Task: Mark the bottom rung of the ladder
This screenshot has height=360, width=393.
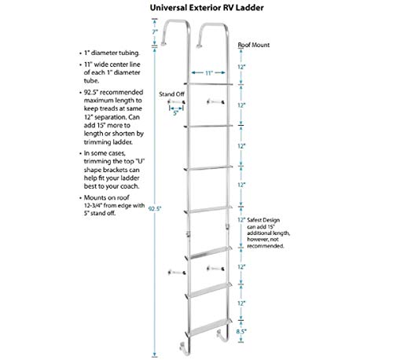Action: tap(209, 321)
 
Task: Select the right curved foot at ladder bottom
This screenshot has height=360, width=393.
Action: tap(223, 344)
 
